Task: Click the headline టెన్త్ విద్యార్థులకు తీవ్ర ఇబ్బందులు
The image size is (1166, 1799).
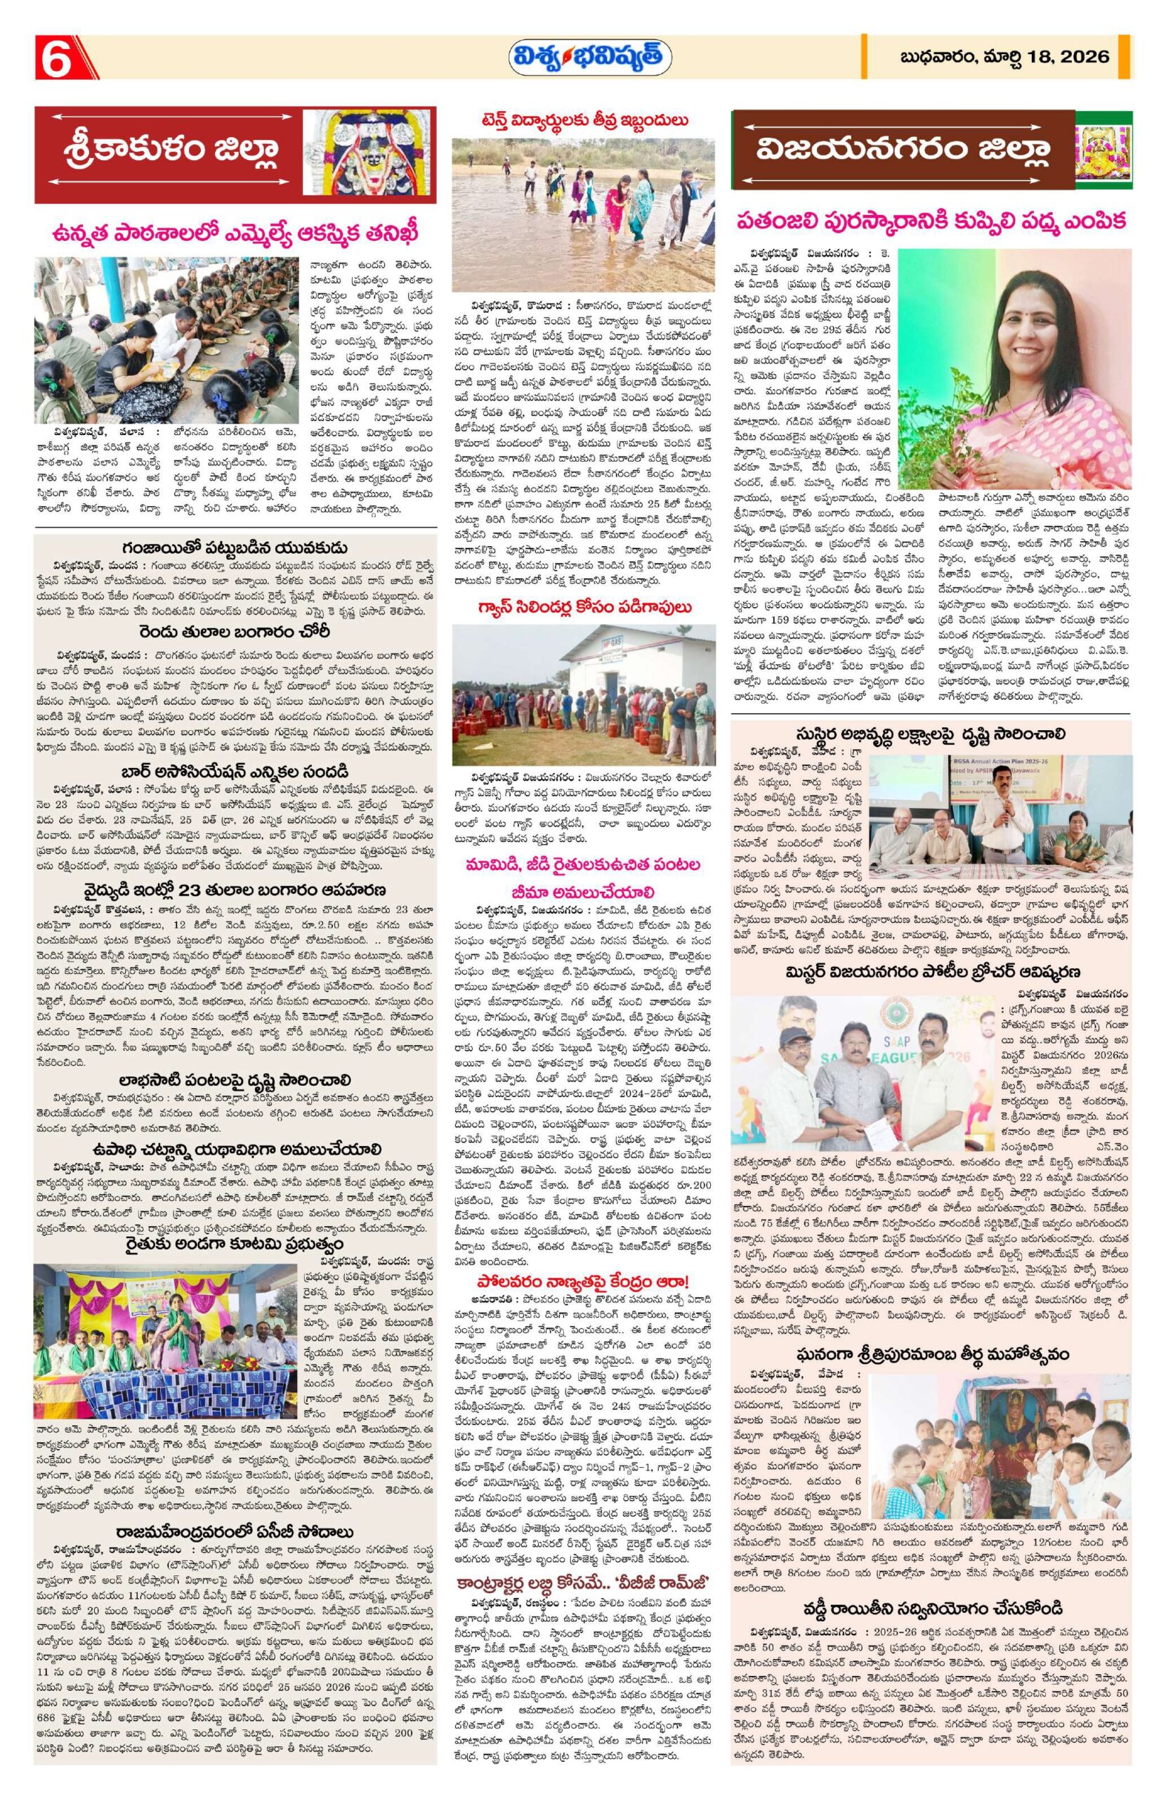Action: click(x=582, y=119)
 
